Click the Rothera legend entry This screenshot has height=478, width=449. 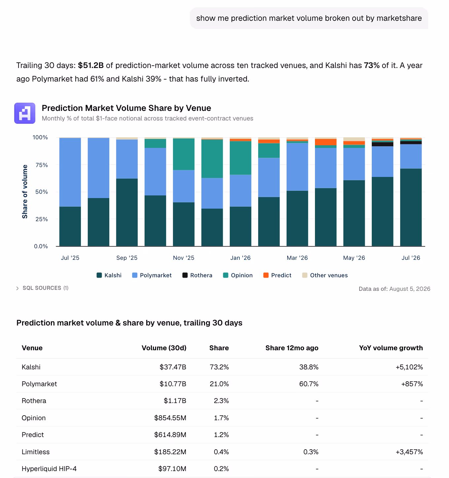tap(197, 275)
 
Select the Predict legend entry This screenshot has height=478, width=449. tap(277, 275)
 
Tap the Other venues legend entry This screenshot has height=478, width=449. tap(325, 275)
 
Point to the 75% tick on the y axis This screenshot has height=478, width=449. tap(42, 165)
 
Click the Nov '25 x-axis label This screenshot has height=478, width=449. tap(184, 258)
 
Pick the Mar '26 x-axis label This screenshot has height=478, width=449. tap(297, 258)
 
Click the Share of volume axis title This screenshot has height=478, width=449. tap(24, 191)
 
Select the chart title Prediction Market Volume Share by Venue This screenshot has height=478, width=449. tap(126, 108)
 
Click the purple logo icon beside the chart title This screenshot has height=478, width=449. tap(25, 113)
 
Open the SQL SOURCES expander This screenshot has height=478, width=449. tap(43, 288)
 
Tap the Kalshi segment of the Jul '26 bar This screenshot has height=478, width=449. tap(411, 207)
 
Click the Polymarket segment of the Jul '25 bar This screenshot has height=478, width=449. tap(70, 172)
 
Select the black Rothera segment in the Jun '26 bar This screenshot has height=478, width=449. tap(382, 144)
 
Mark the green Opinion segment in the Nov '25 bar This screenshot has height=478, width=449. tap(184, 154)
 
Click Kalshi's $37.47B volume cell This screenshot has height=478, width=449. tap(173, 367)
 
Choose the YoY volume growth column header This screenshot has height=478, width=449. tap(391, 348)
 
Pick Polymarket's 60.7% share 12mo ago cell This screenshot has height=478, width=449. tap(309, 384)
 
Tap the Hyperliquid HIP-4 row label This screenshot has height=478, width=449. tap(49, 469)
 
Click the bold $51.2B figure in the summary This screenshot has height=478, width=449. tap(91, 65)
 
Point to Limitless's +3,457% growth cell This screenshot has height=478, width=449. tap(409, 452)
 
